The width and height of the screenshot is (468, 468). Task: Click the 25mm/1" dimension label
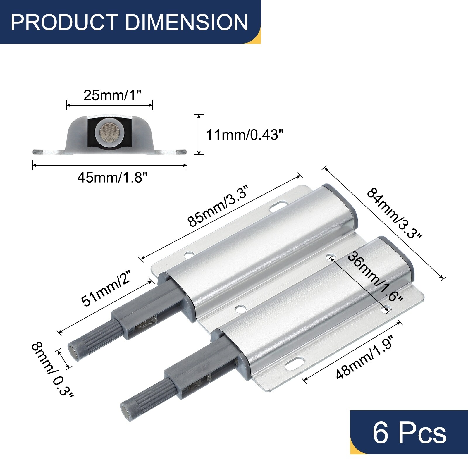pos(112,95)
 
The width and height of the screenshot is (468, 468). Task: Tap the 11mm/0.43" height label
pos(245,135)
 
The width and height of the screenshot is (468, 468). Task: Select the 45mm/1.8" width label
pos(112,177)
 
